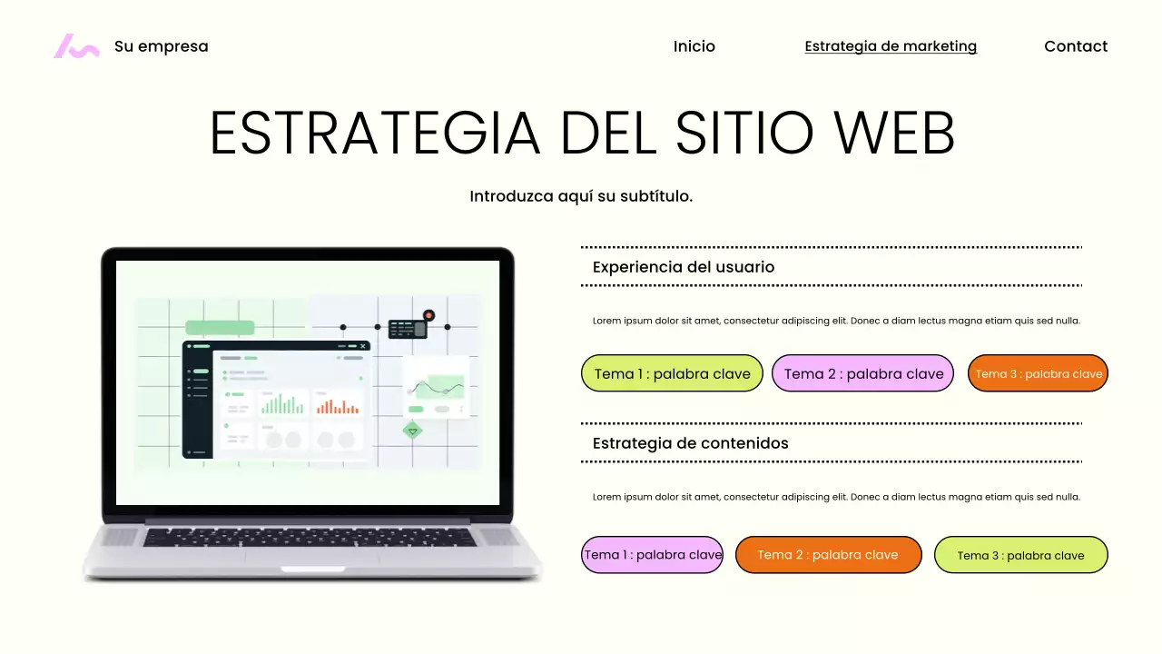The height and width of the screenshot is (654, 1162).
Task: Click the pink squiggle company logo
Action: [76, 46]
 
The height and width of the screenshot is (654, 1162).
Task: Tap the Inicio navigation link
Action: [694, 46]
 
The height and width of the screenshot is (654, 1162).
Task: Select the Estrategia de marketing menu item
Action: [891, 46]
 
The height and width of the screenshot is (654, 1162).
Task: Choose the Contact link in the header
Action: [1076, 46]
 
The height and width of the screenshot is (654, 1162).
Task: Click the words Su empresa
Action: [161, 46]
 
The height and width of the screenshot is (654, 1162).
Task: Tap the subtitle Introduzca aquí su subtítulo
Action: [581, 196]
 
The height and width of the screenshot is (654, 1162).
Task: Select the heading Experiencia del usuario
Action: [684, 267]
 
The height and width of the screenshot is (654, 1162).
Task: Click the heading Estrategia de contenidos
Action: [690, 443]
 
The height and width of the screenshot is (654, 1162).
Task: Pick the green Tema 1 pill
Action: [672, 373]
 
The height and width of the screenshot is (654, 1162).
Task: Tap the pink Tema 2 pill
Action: [862, 373]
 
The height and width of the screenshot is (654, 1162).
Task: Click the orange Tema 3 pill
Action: [1038, 373]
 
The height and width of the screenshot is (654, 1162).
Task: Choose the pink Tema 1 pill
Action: [652, 555]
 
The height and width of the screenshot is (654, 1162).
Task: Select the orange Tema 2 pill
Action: [828, 555]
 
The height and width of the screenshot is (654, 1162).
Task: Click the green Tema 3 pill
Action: [1020, 555]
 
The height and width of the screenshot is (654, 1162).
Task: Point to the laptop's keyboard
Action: [310, 537]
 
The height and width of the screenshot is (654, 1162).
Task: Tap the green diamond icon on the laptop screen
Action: [413, 431]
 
